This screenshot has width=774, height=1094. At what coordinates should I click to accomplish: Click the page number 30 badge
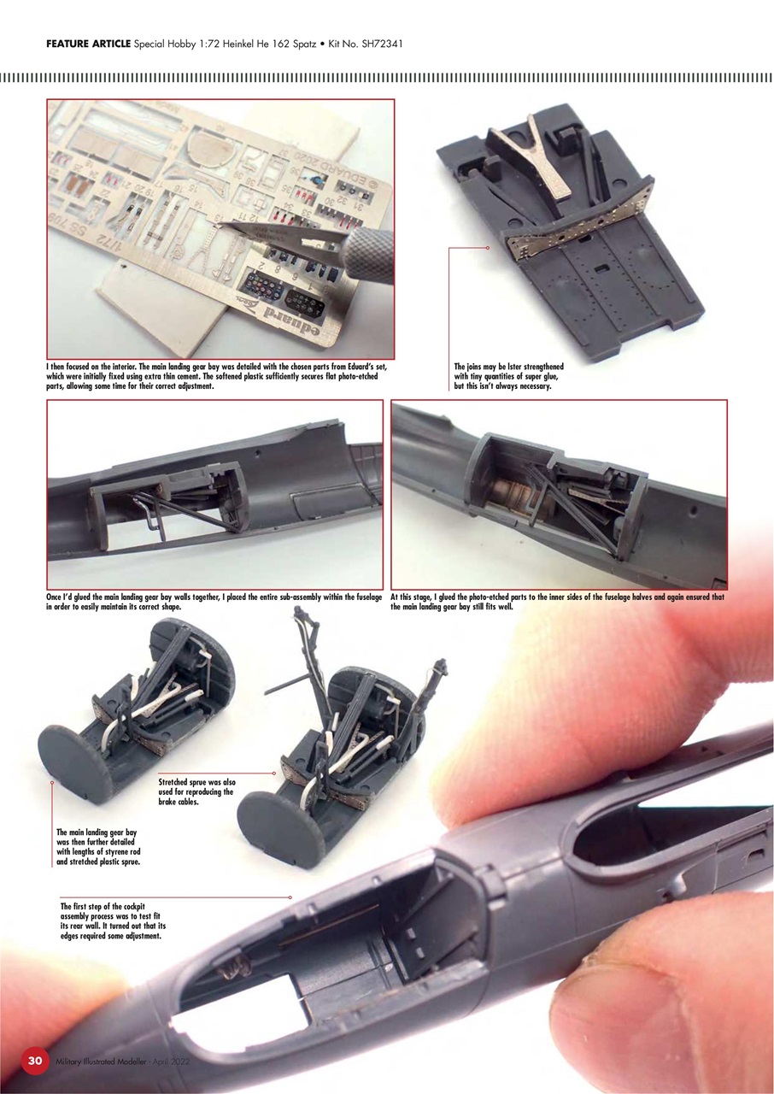tap(35, 1061)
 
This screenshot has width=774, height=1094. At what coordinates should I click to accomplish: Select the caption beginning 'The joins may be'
tap(509, 376)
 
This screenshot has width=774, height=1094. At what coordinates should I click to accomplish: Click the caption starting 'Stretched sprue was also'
tap(197, 792)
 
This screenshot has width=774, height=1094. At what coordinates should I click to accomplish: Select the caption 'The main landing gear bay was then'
tap(97, 846)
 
